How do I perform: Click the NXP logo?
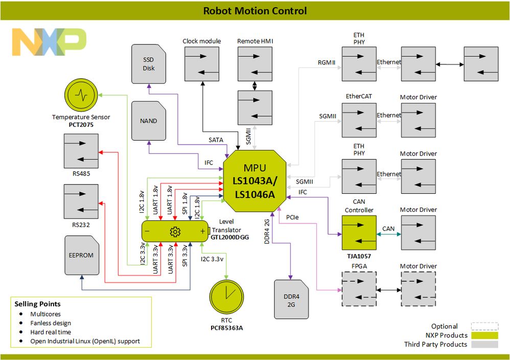[49, 42]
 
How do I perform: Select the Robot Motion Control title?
[255, 11]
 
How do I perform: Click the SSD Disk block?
[149, 64]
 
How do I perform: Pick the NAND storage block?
[149, 121]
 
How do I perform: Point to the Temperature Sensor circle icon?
[82, 95]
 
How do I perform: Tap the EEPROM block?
[81, 255]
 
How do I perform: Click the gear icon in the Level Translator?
[175, 232]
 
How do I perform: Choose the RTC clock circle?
[227, 299]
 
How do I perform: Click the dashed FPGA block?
[359, 289]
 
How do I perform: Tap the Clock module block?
[202, 63]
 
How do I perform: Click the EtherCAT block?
[359, 120]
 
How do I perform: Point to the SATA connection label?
[216, 139]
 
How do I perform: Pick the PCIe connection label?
[292, 217]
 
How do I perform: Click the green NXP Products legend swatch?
[484, 335]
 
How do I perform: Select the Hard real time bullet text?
[51, 332]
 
